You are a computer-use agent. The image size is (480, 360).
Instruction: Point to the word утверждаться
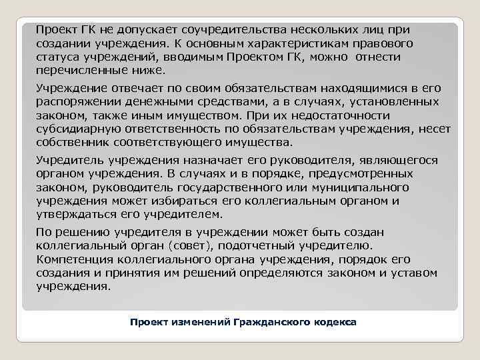[x=73, y=214]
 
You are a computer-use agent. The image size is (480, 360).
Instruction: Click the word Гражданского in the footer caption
[x=269, y=322]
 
